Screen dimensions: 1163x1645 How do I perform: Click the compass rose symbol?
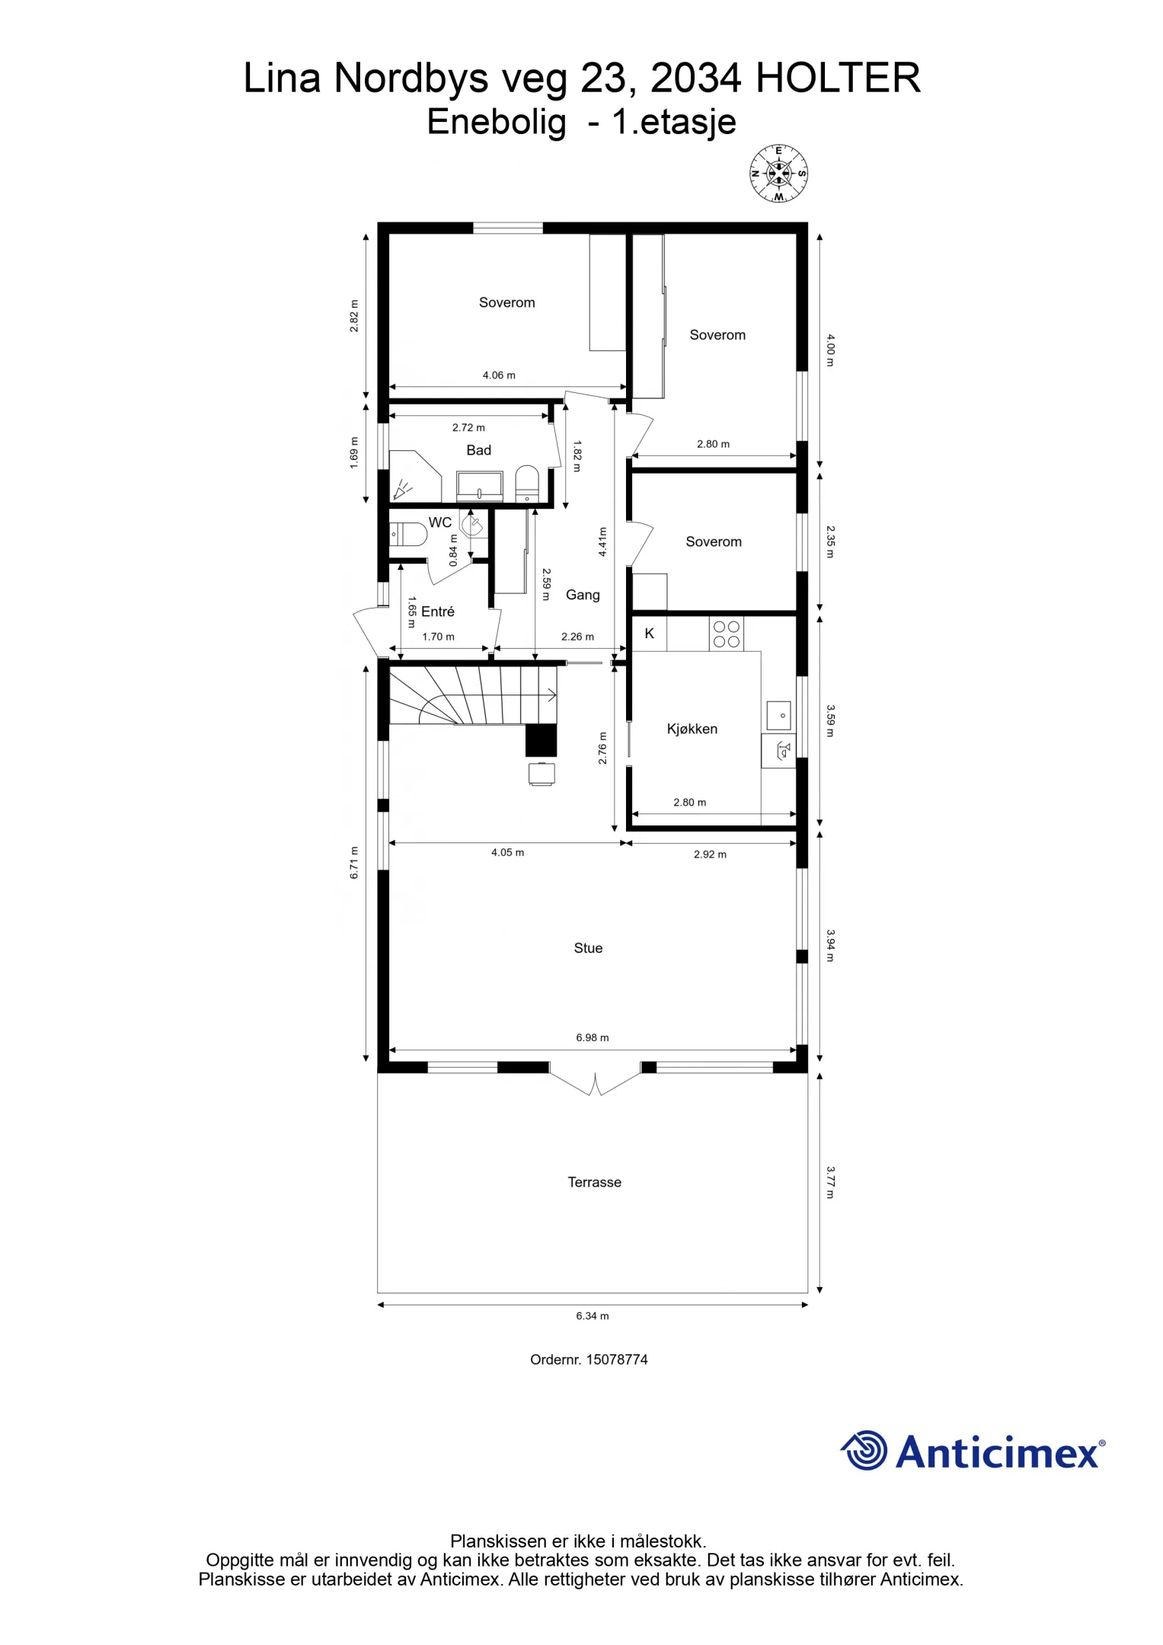pyautogui.click(x=778, y=174)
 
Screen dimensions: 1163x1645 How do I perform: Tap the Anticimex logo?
pyautogui.click(x=973, y=1450)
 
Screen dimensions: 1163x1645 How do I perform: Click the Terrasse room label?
pyautogui.click(x=594, y=1182)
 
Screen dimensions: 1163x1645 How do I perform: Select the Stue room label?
pyautogui.click(x=588, y=948)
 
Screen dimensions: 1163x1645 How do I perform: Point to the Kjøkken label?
pyautogui.click(x=692, y=729)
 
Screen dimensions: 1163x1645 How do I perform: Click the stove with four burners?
pyautogui.click(x=726, y=634)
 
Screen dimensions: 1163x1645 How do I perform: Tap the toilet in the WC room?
pyautogui.click(x=407, y=534)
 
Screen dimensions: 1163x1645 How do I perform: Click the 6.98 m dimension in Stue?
pyautogui.click(x=592, y=1037)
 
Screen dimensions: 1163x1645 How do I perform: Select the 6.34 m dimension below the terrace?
pyautogui.click(x=592, y=1315)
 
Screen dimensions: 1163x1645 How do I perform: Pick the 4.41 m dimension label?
pyautogui.click(x=602, y=541)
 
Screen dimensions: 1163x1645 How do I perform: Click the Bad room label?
pyautogui.click(x=478, y=450)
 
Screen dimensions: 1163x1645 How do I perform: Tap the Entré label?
pyautogui.click(x=437, y=612)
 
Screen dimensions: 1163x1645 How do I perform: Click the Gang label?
pyautogui.click(x=583, y=595)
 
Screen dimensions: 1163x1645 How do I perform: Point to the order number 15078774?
pyautogui.click(x=589, y=1359)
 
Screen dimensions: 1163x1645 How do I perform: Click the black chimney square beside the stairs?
pyautogui.click(x=541, y=739)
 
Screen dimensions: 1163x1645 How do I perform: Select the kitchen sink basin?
pyautogui.click(x=778, y=716)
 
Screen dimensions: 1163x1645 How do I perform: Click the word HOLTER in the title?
pyautogui.click(x=838, y=78)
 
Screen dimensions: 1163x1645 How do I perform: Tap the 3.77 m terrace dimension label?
pyautogui.click(x=830, y=1182)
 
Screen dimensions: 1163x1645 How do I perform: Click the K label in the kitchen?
pyautogui.click(x=649, y=634)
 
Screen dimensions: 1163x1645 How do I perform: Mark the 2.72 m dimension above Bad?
pyautogui.click(x=468, y=427)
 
